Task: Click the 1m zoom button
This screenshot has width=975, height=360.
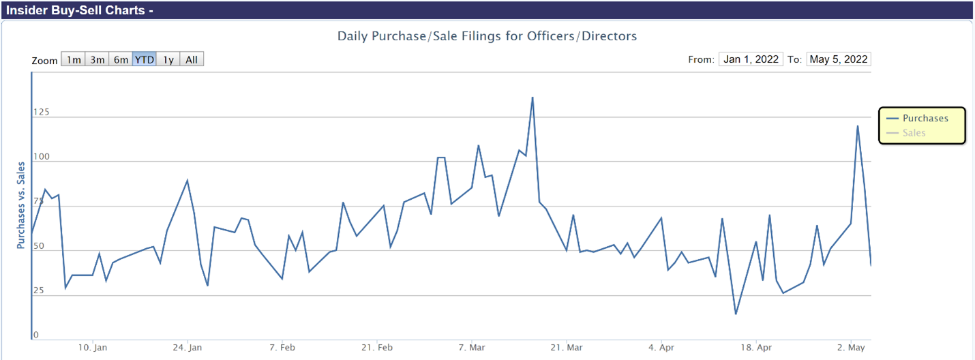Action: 74,59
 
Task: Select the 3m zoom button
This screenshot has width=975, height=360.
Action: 97,59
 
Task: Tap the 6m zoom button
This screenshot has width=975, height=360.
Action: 121,59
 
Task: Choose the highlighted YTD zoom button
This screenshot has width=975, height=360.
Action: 145,59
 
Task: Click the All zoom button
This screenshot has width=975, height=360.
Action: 192,59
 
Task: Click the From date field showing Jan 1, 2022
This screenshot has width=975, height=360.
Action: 751,59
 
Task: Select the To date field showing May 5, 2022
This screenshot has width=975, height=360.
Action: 839,59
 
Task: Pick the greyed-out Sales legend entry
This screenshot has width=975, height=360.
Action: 914,132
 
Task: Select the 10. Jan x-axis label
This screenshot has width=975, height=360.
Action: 93,347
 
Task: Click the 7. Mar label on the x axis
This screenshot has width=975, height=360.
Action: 472,347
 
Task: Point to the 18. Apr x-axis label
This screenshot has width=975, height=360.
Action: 756,347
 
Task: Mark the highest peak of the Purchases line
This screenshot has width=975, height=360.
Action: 532,97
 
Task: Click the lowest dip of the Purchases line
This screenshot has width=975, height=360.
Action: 736,314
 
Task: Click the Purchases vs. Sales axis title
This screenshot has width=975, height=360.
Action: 21,205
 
